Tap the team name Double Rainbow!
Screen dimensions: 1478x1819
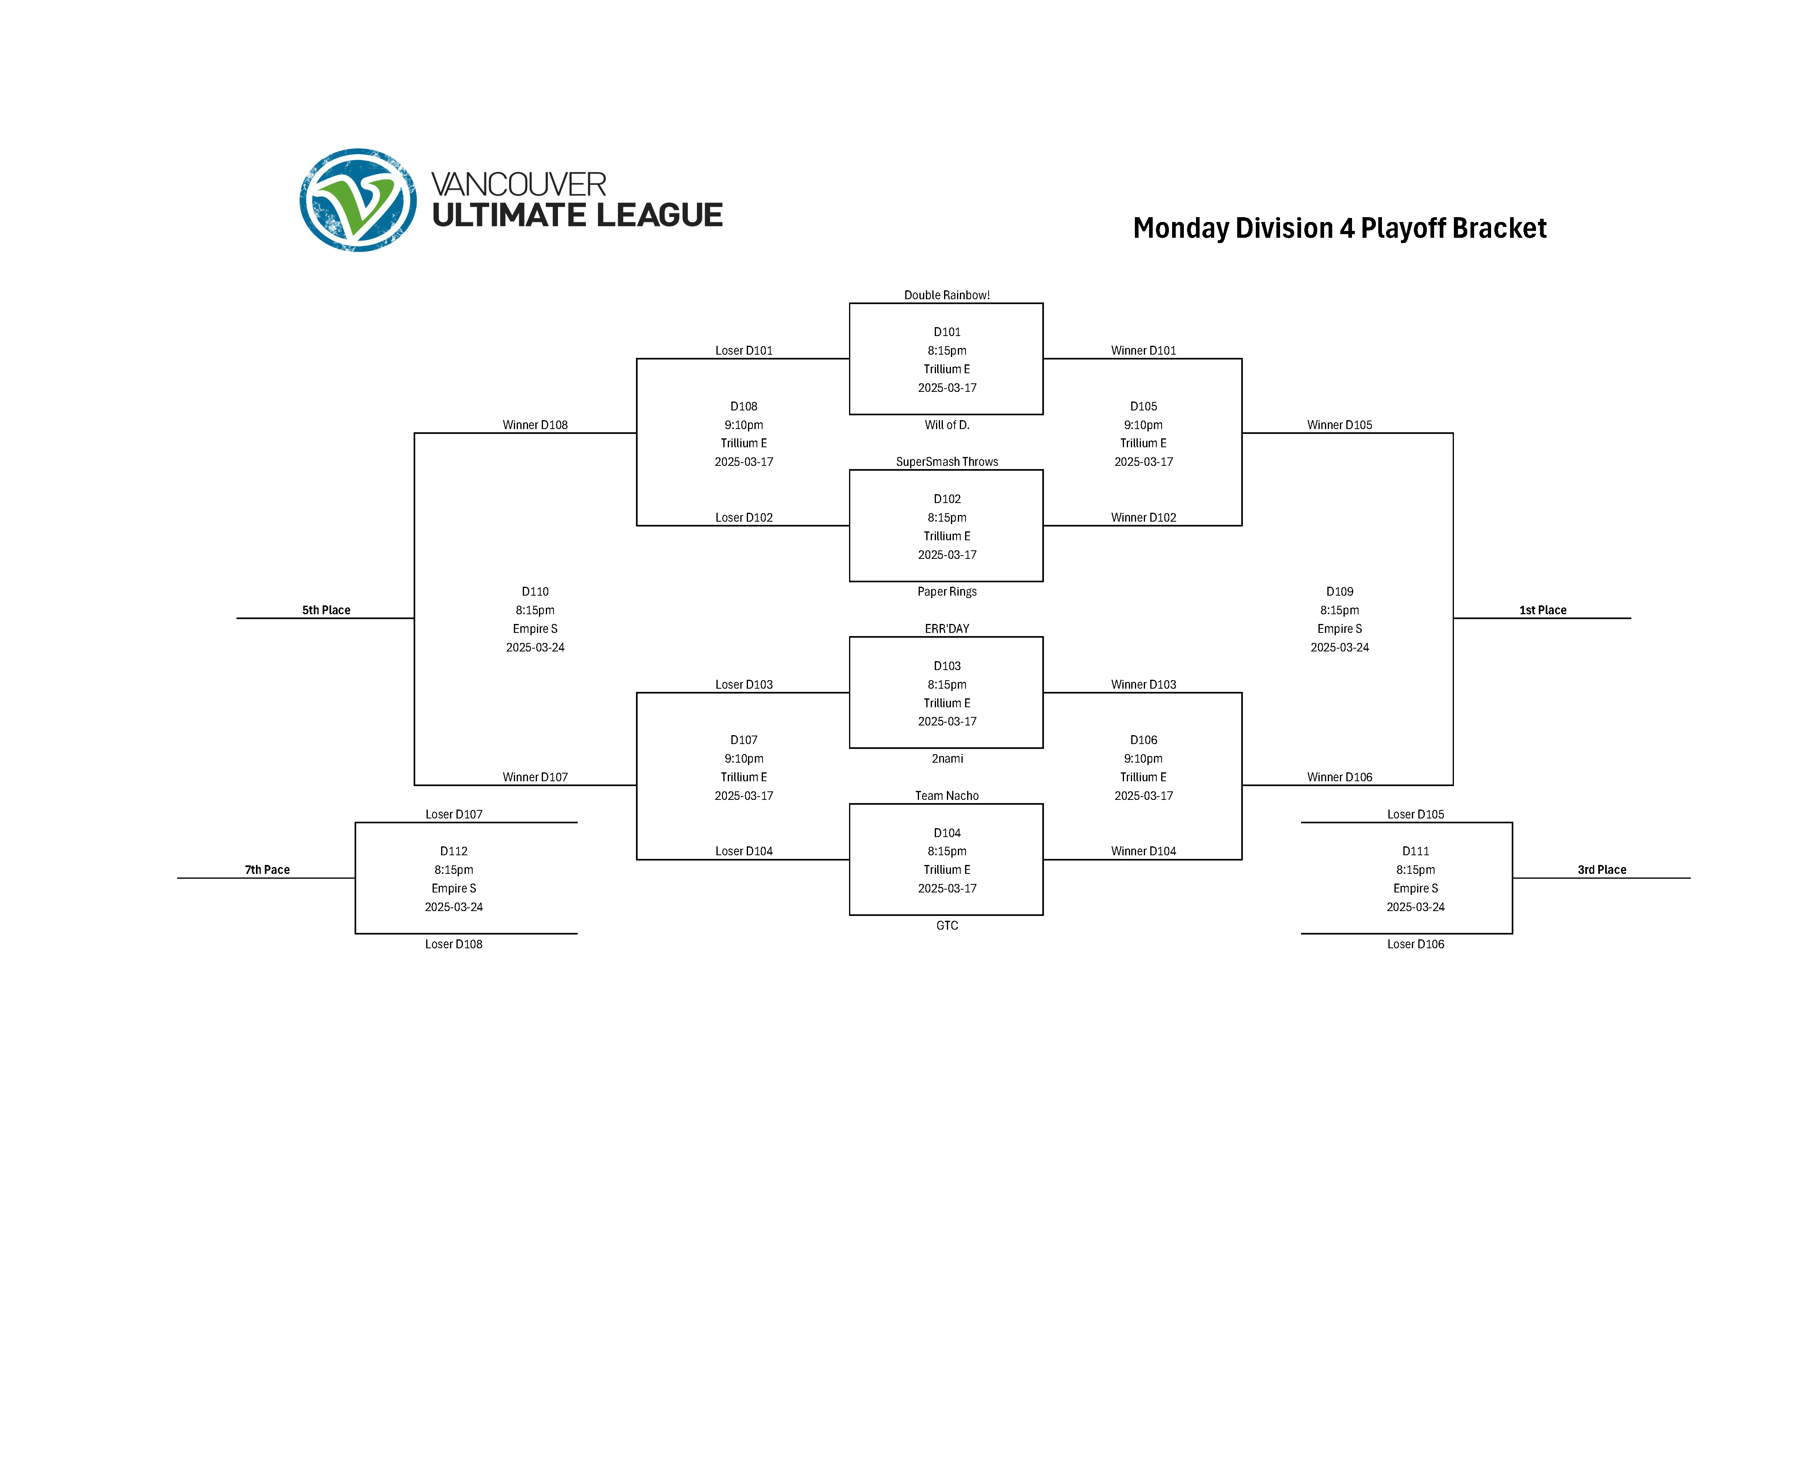point(946,296)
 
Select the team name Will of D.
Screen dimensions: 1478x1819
point(946,425)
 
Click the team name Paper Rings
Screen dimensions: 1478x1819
point(946,592)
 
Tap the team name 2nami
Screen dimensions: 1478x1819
point(946,759)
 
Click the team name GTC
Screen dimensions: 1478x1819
point(946,926)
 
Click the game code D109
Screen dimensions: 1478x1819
point(1339,592)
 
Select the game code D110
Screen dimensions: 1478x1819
point(535,592)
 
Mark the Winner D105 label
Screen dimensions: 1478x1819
point(1339,425)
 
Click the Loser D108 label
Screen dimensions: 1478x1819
point(454,944)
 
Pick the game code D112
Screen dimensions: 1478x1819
point(454,851)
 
